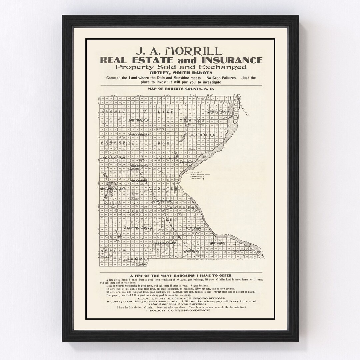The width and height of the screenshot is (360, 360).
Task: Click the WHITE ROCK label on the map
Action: coord(217,112)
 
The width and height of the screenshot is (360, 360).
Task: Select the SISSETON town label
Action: coord(139,166)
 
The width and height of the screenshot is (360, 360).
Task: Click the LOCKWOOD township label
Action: coord(243,250)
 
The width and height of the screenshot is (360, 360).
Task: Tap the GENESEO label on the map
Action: coord(218,243)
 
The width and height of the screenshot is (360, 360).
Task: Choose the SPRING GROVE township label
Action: coord(140,228)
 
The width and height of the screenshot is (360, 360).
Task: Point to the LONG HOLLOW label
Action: coord(113,158)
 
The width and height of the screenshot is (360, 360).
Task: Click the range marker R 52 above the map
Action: coord(114,96)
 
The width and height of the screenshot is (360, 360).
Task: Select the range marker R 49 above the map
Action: coord(192,96)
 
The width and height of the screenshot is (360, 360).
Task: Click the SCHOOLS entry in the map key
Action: coord(196,172)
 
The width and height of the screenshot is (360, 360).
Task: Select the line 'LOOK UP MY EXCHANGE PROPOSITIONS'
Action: coord(180,298)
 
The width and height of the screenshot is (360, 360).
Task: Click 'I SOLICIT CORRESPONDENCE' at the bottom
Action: coord(180,310)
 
